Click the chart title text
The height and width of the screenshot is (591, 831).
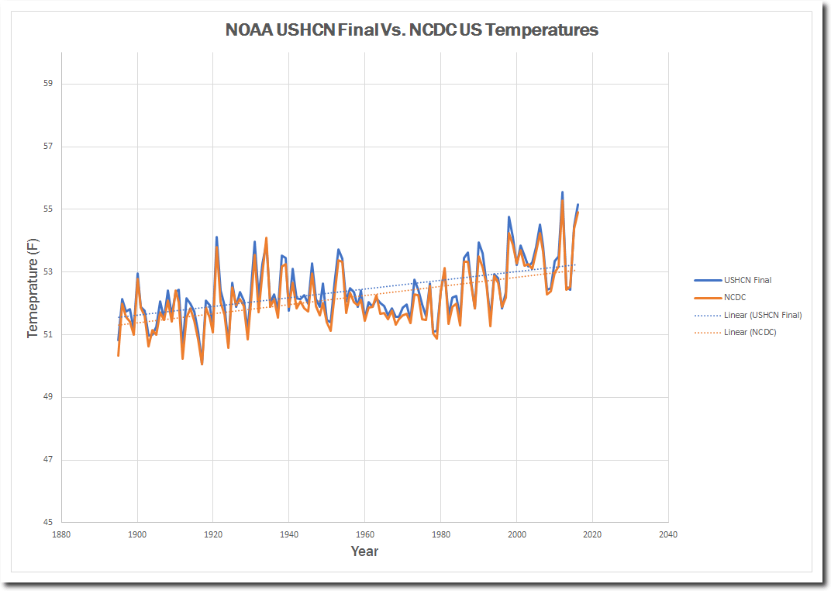point(412,30)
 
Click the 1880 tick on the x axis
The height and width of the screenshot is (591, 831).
point(61,534)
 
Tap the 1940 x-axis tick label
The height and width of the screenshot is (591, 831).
point(288,534)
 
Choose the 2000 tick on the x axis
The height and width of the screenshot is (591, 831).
point(516,534)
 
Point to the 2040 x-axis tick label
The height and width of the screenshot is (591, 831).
point(667,534)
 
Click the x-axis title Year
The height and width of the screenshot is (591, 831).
point(364,551)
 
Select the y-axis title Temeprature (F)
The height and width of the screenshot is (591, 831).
point(33,288)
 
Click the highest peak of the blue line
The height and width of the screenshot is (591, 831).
point(562,192)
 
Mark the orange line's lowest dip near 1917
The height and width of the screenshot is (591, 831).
point(202,364)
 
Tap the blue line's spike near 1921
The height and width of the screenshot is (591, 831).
point(216,237)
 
